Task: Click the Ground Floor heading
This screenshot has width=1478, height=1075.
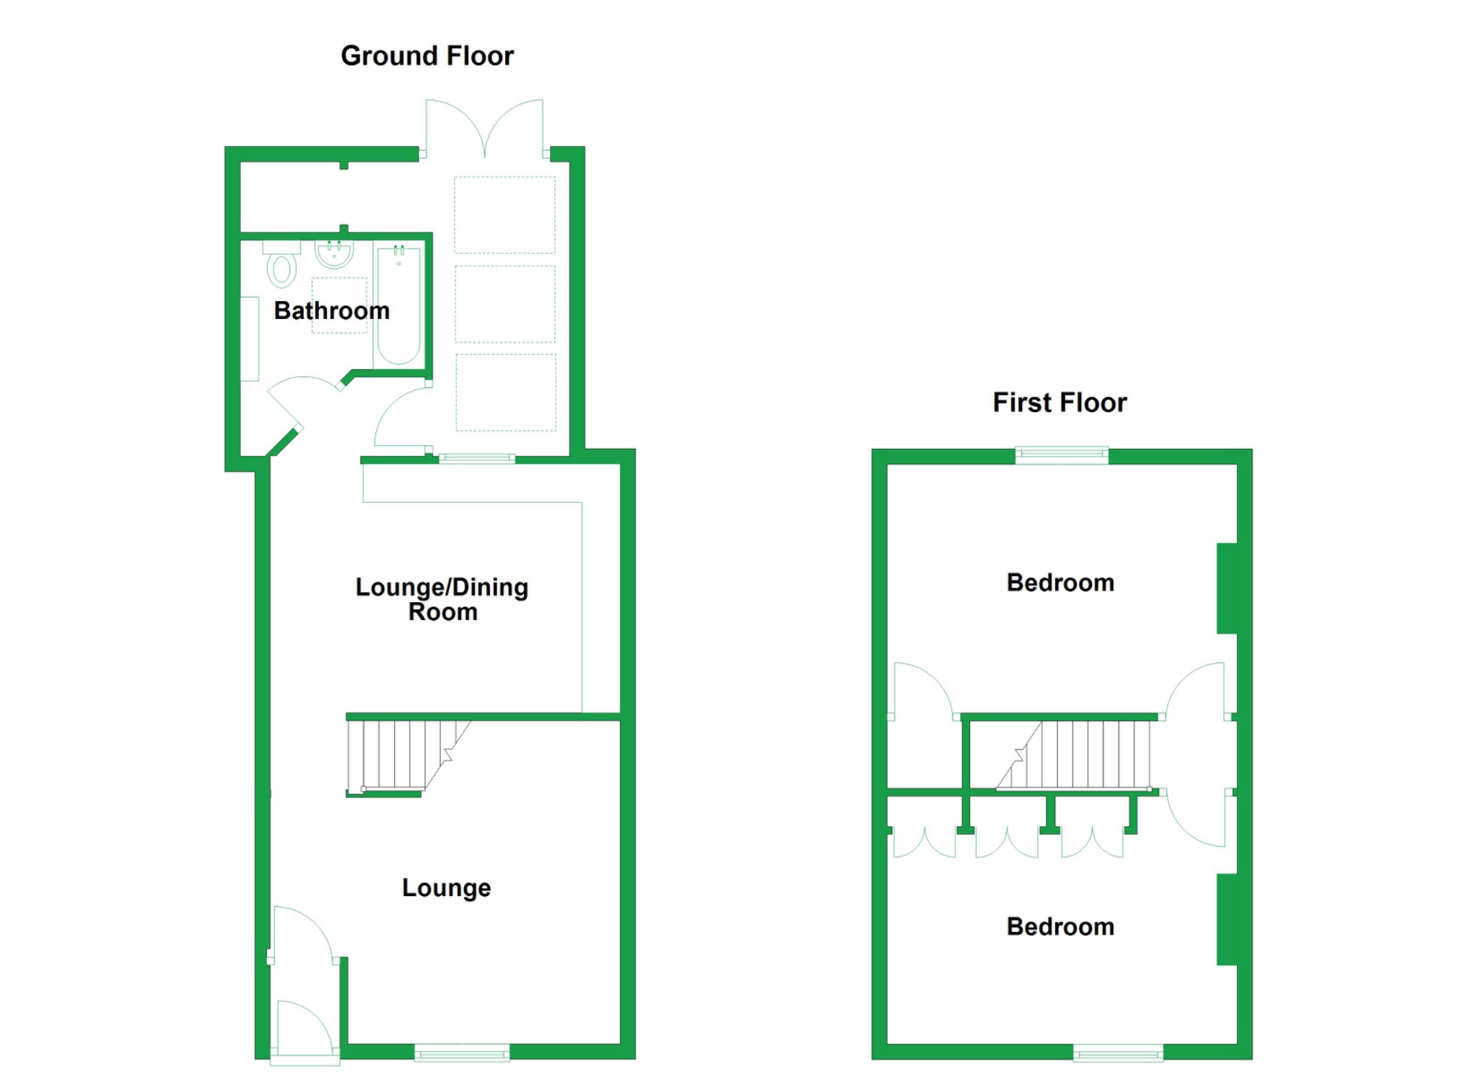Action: click(x=427, y=56)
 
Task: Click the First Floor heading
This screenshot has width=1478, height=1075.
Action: click(x=1059, y=403)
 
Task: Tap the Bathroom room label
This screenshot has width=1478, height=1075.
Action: click(x=332, y=310)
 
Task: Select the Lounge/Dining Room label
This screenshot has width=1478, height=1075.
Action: click(x=442, y=599)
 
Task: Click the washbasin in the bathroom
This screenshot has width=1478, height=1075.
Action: click(x=334, y=253)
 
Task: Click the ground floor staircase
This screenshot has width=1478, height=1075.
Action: click(x=408, y=755)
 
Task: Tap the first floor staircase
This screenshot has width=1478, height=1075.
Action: click(x=1074, y=755)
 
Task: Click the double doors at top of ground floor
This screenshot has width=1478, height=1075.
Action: click(x=484, y=129)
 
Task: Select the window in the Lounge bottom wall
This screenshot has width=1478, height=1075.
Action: click(x=463, y=1053)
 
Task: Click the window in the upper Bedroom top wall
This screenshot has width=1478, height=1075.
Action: click(x=1062, y=455)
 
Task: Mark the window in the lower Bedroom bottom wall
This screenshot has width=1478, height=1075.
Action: click(x=1118, y=1053)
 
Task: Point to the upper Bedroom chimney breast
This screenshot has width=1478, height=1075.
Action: click(x=1227, y=588)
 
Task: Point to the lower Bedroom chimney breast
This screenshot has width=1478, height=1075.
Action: click(x=1227, y=919)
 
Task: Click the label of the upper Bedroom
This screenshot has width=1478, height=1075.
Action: click(x=1060, y=583)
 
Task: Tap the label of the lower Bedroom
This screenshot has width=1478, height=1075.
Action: click(x=1060, y=926)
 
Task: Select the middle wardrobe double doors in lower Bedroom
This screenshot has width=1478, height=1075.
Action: click(x=1007, y=843)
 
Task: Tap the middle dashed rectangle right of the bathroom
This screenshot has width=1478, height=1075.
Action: click(x=505, y=304)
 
